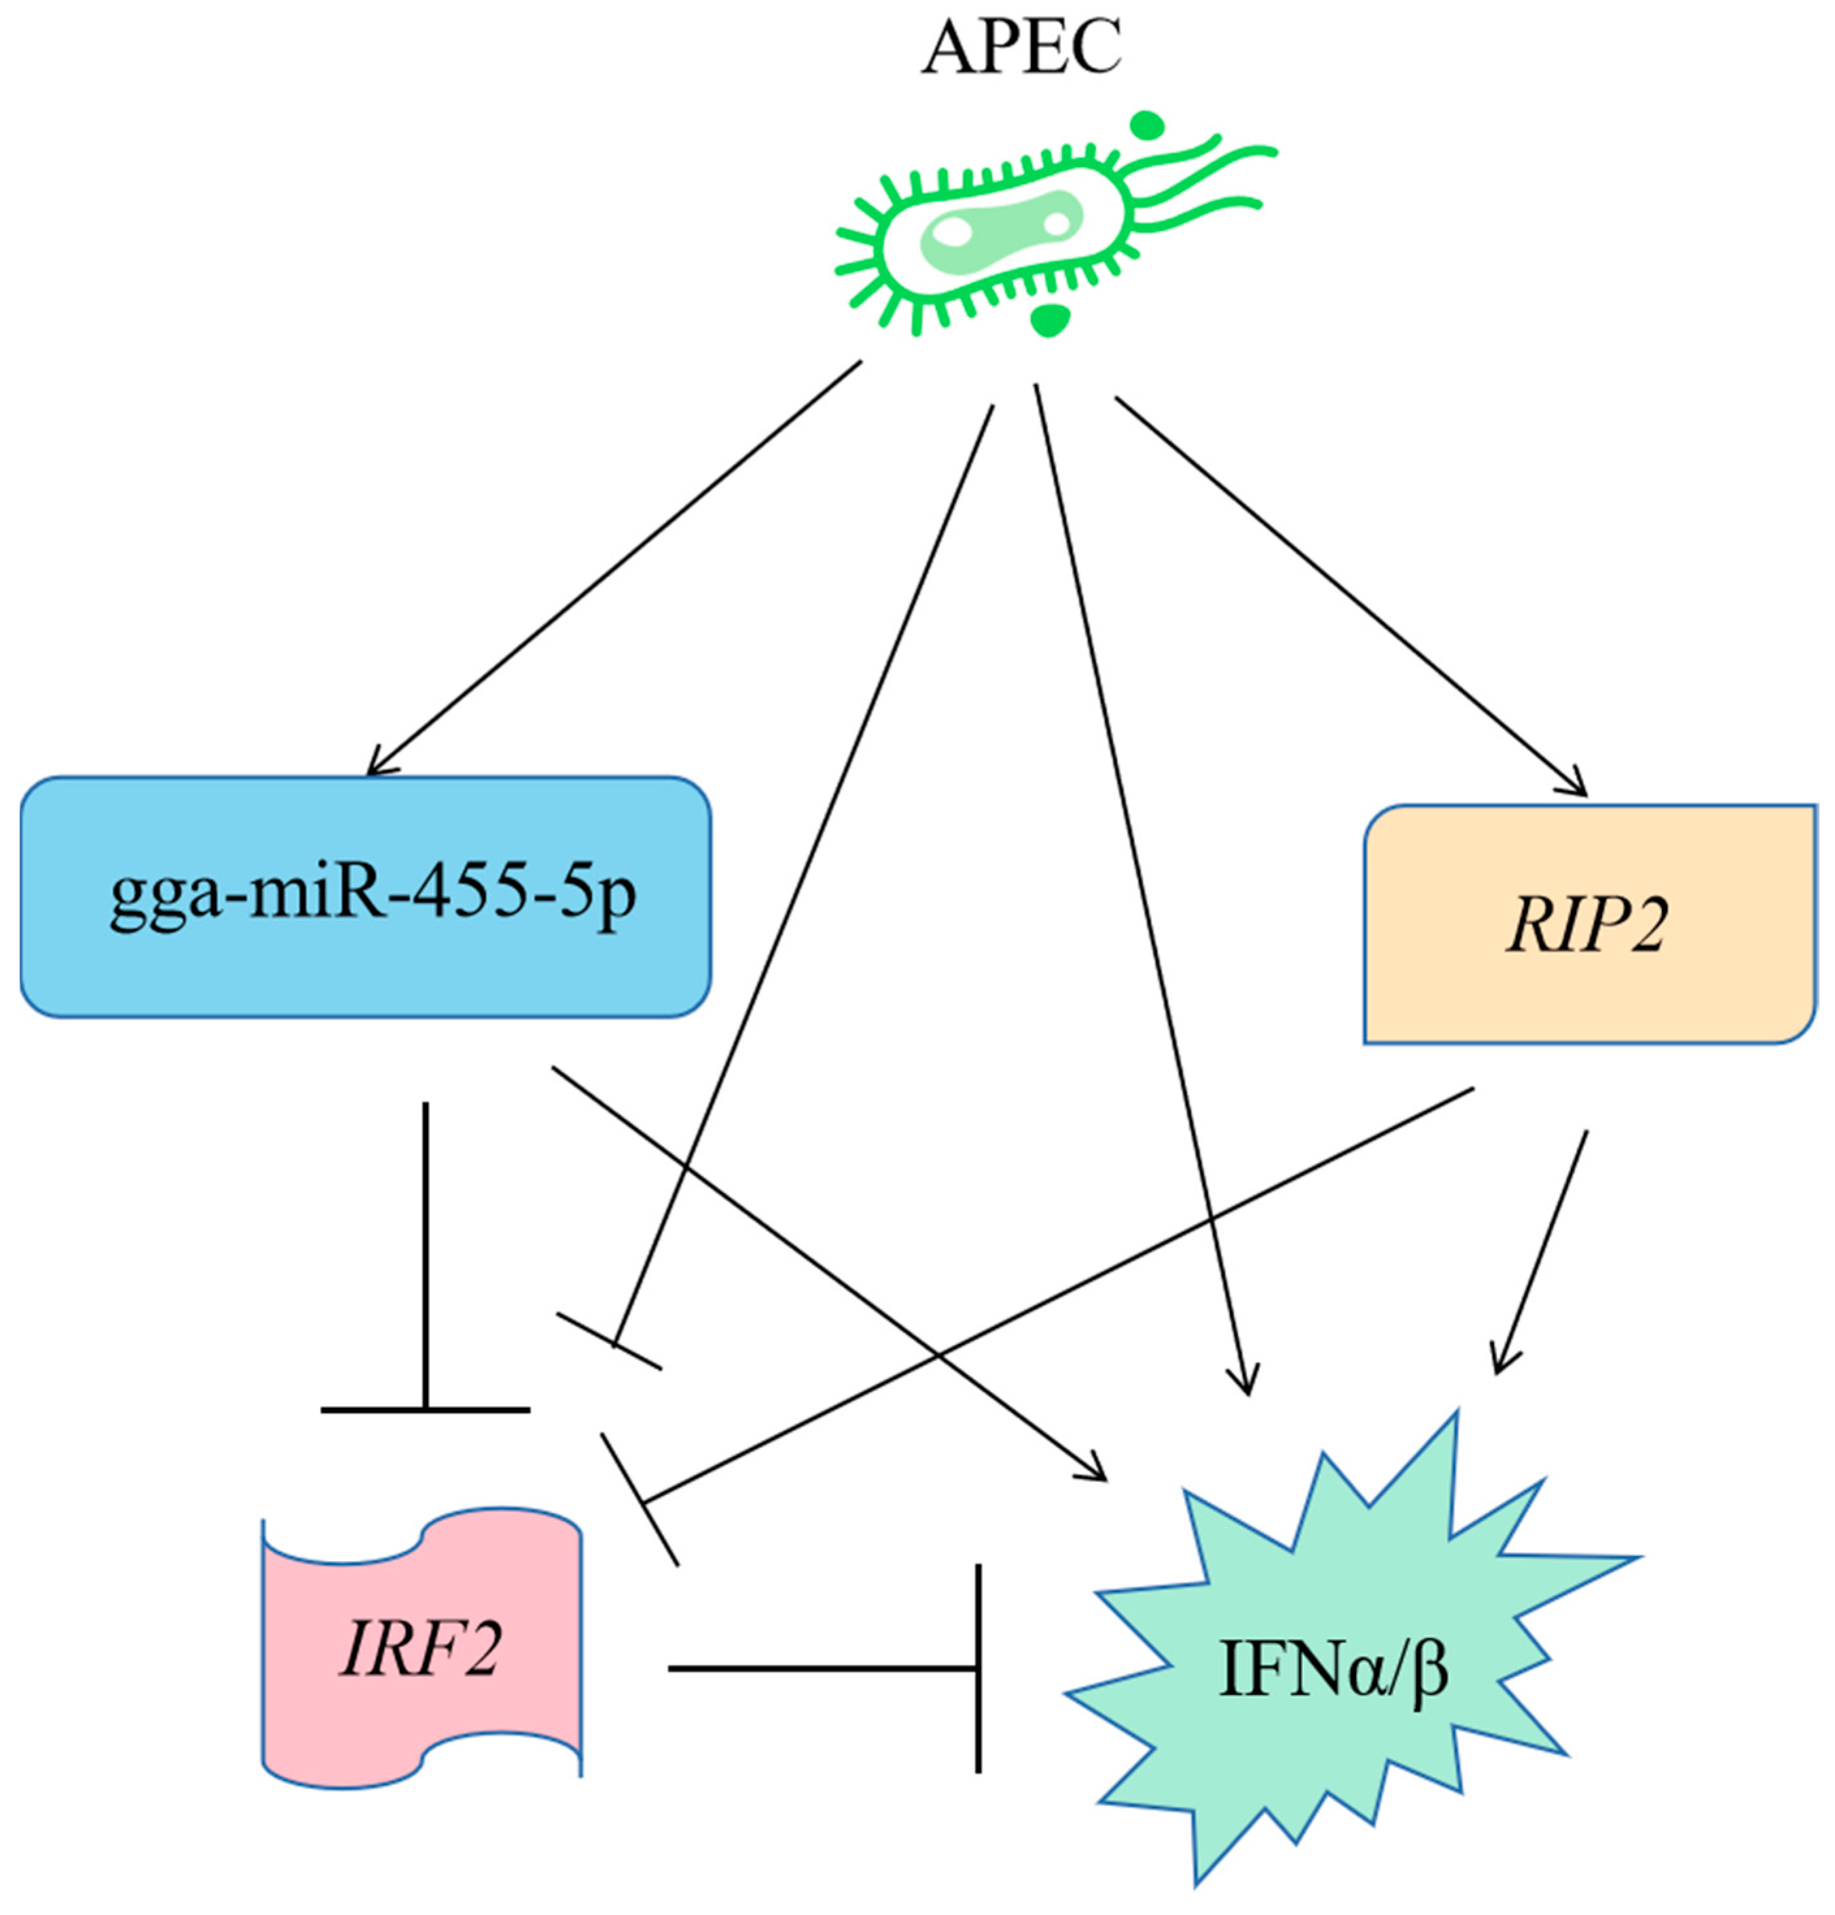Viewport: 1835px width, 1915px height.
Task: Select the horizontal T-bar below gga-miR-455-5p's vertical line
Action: [425, 1410]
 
